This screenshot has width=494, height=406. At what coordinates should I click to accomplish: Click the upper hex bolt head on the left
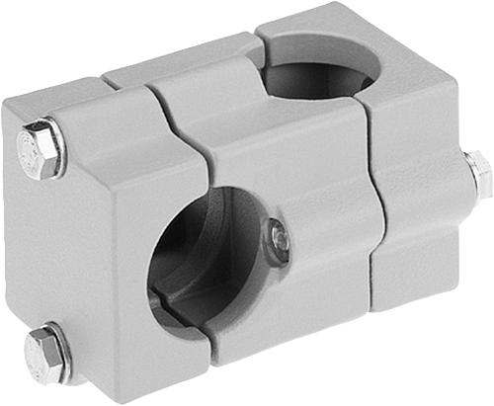pyautogui.click(x=41, y=149)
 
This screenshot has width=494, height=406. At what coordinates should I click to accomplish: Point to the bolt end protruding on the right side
pyautogui.click(x=478, y=173)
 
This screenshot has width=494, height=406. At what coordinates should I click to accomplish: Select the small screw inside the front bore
pyautogui.click(x=279, y=238)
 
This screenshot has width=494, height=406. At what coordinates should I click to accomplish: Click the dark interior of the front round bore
pyautogui.click(x=198, y=267)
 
